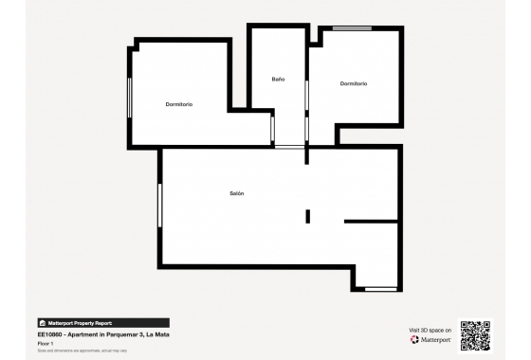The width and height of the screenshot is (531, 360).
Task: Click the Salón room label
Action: pyautogui.click(x=237, y=193)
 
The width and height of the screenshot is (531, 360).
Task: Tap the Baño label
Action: pyautogui.click(x=278, y=79)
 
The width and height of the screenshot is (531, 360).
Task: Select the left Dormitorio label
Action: pyautogui.click(x=179, y=104)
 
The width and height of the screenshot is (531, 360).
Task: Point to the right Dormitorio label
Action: pyautogui.click(x=354, y=84)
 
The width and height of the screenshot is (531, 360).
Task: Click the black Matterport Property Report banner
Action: pyautogui.click(x=103, y=323)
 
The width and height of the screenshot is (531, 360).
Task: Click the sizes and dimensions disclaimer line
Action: pyautogui.click(x=82, y=351)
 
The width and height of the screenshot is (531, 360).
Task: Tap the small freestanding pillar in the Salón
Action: pyautogui.click(x=308, y=216)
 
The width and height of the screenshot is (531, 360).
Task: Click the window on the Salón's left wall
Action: pyautogui.click(x=160, y=206)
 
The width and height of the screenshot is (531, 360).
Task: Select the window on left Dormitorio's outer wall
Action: pyautogui.click(x=129, y=97)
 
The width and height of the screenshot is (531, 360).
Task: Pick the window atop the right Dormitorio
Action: pyautogui.click(x=351, y=28)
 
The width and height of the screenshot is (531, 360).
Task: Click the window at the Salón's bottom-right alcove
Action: pyautogui.click(x=380, y=288)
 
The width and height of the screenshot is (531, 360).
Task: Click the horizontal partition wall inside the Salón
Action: pyautogui.click(x=371, y=222)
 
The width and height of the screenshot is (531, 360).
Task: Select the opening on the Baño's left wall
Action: pyautogui.click(x=272, y=129)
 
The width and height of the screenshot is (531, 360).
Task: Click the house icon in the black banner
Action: pyautogui.click(x=42, y=323)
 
